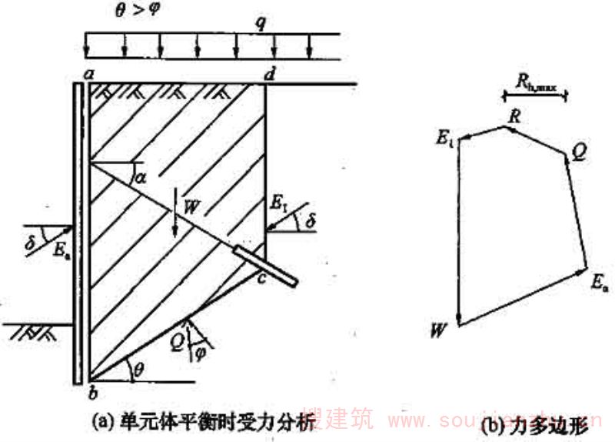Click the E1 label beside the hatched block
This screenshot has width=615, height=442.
278,204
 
